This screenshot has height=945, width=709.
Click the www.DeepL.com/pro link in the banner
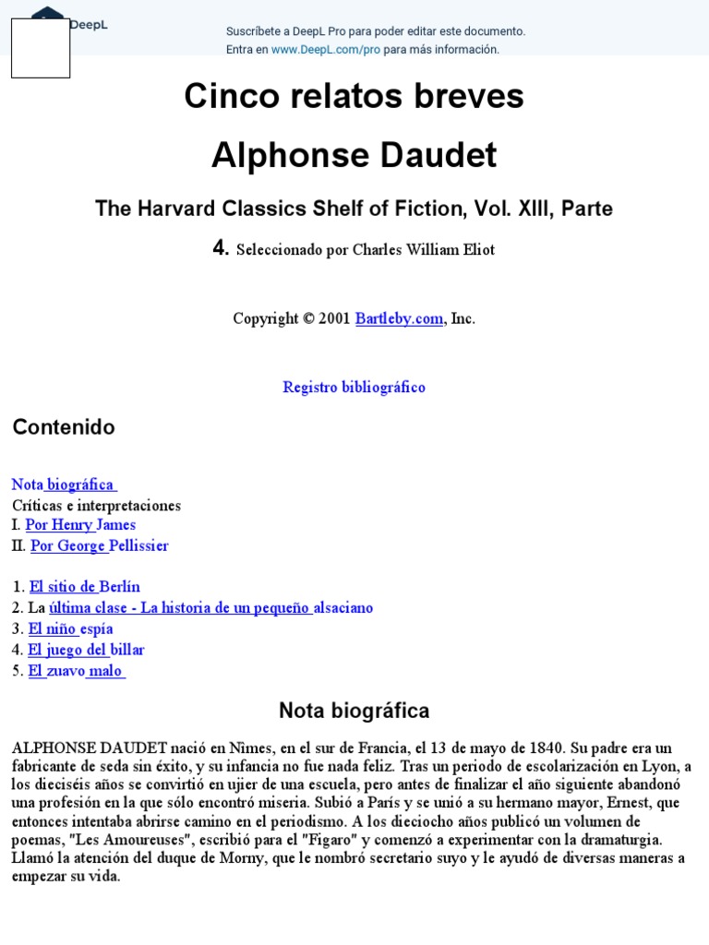click(325, 50)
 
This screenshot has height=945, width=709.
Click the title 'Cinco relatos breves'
click(354, 96)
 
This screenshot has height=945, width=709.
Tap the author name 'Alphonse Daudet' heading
click(354, 156)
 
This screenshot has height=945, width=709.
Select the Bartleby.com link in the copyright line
click(399, 318)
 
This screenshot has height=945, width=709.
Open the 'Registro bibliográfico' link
click(354, 388)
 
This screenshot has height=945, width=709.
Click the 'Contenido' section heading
click(64, 427)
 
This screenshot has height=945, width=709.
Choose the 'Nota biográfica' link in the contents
click(63, 484)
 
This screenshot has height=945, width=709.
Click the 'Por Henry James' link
click(80, 525)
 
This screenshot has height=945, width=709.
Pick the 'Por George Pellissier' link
click(100, 545)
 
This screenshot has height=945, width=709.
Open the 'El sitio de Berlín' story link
click(85, 587)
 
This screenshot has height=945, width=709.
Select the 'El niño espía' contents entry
click(71, 629)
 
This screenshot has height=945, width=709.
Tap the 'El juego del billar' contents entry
click(87, 650)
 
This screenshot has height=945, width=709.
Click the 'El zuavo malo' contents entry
click(76, 671)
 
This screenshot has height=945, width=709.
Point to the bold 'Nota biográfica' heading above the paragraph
click(354, 711)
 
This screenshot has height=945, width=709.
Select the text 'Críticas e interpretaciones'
click(96, 506)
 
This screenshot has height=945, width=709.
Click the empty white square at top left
click(41, 48)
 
